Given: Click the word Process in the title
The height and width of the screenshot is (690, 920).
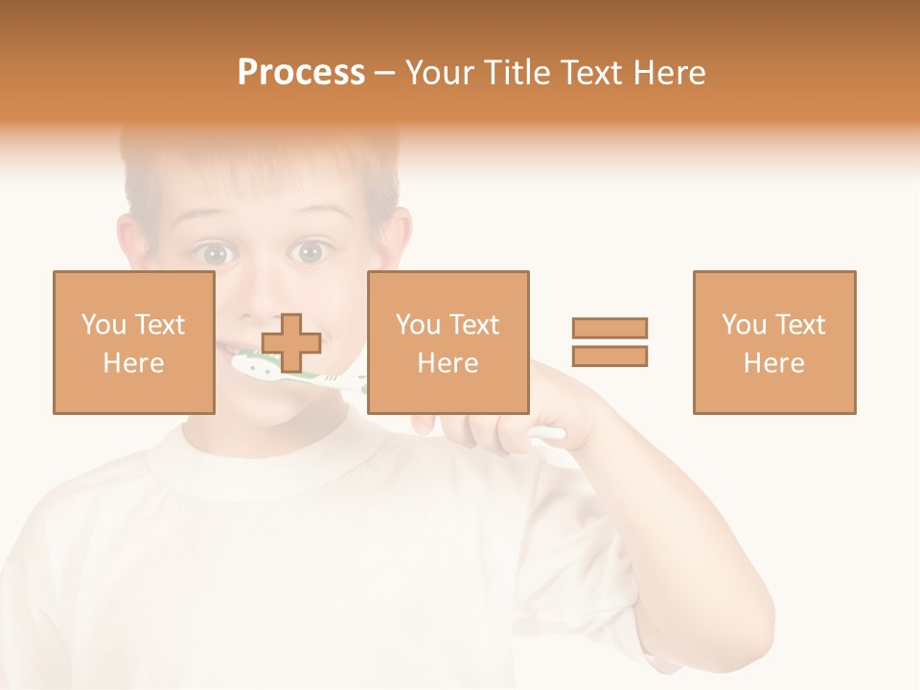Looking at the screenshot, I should pos(301,73).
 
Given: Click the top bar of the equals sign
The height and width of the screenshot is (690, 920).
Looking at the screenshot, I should pos(609,328).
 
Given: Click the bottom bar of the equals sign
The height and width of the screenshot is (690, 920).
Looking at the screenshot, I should pos(609,356).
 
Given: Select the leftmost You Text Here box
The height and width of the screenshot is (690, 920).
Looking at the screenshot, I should pos(134,342).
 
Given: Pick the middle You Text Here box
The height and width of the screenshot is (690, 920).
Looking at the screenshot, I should pos(448,342).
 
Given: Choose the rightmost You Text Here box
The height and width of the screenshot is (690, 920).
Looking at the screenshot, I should pos(774,342).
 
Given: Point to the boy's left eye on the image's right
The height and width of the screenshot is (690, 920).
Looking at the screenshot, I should pos(309,252).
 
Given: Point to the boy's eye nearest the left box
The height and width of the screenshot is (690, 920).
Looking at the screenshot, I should pos(216,254).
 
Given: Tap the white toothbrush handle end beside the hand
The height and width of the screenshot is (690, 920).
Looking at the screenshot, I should pos(548,434).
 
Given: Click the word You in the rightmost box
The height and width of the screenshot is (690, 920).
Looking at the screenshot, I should pos(743,325).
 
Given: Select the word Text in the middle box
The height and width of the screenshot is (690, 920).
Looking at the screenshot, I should pos(474,325).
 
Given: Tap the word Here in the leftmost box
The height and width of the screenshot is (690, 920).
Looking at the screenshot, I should pos(134,363).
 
